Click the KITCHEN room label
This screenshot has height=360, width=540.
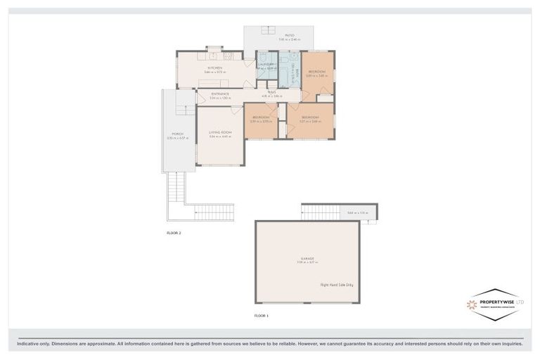214,68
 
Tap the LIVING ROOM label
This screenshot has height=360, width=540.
219,132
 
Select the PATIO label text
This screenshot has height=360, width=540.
289,35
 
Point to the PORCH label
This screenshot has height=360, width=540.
177,134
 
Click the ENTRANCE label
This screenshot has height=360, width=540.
219,94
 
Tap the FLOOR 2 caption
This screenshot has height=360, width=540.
174,232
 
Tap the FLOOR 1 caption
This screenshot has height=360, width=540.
262,316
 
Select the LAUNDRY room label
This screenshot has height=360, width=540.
266,64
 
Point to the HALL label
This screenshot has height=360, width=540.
271,91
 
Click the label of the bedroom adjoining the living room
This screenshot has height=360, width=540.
261,117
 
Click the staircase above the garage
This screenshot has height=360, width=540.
320,212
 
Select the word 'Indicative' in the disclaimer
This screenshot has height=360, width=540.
28,344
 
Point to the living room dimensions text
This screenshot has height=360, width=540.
219,136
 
